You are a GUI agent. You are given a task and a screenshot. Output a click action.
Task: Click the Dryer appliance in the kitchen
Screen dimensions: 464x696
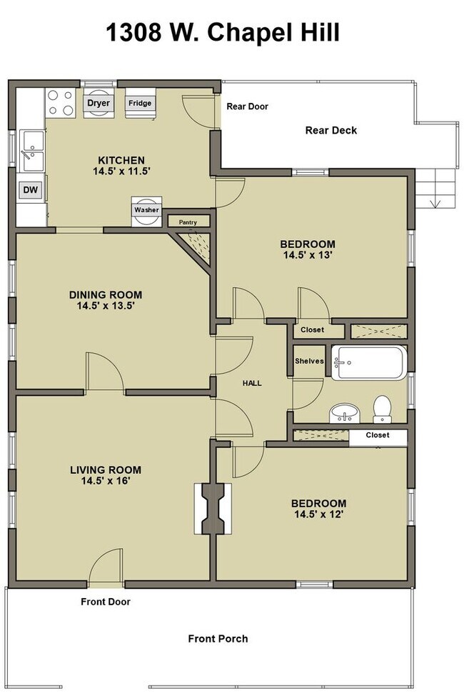99,103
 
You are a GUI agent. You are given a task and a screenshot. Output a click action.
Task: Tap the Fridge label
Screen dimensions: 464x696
140,103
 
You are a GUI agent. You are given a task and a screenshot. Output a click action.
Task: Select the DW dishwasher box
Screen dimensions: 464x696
31,190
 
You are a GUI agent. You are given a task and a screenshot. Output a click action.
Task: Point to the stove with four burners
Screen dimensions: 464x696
61,102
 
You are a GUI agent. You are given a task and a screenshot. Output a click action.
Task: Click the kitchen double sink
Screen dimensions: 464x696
32,151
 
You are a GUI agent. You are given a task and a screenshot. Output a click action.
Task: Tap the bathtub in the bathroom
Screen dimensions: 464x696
369,362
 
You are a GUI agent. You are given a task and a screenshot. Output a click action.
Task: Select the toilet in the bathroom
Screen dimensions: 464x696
382,409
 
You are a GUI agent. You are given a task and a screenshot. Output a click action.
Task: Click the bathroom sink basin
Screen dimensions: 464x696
344,413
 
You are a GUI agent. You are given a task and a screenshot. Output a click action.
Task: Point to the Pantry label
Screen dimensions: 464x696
188,222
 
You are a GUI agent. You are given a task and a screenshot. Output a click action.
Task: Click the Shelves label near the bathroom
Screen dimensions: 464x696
309,361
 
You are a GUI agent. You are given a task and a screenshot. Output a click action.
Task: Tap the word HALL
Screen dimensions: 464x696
252,383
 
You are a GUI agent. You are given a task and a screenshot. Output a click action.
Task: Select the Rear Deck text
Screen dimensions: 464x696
331,131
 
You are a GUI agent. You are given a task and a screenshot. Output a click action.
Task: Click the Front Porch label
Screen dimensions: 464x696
218,639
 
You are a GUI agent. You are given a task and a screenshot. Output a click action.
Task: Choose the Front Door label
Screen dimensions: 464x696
106,602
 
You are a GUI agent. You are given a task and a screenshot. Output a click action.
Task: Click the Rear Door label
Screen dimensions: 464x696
248,106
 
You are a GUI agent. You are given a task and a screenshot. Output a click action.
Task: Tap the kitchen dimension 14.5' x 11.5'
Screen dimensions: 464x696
121,171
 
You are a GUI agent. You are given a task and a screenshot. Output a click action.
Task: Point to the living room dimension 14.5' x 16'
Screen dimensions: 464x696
106,481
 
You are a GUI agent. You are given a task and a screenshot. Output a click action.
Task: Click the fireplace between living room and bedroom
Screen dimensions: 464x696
213,509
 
